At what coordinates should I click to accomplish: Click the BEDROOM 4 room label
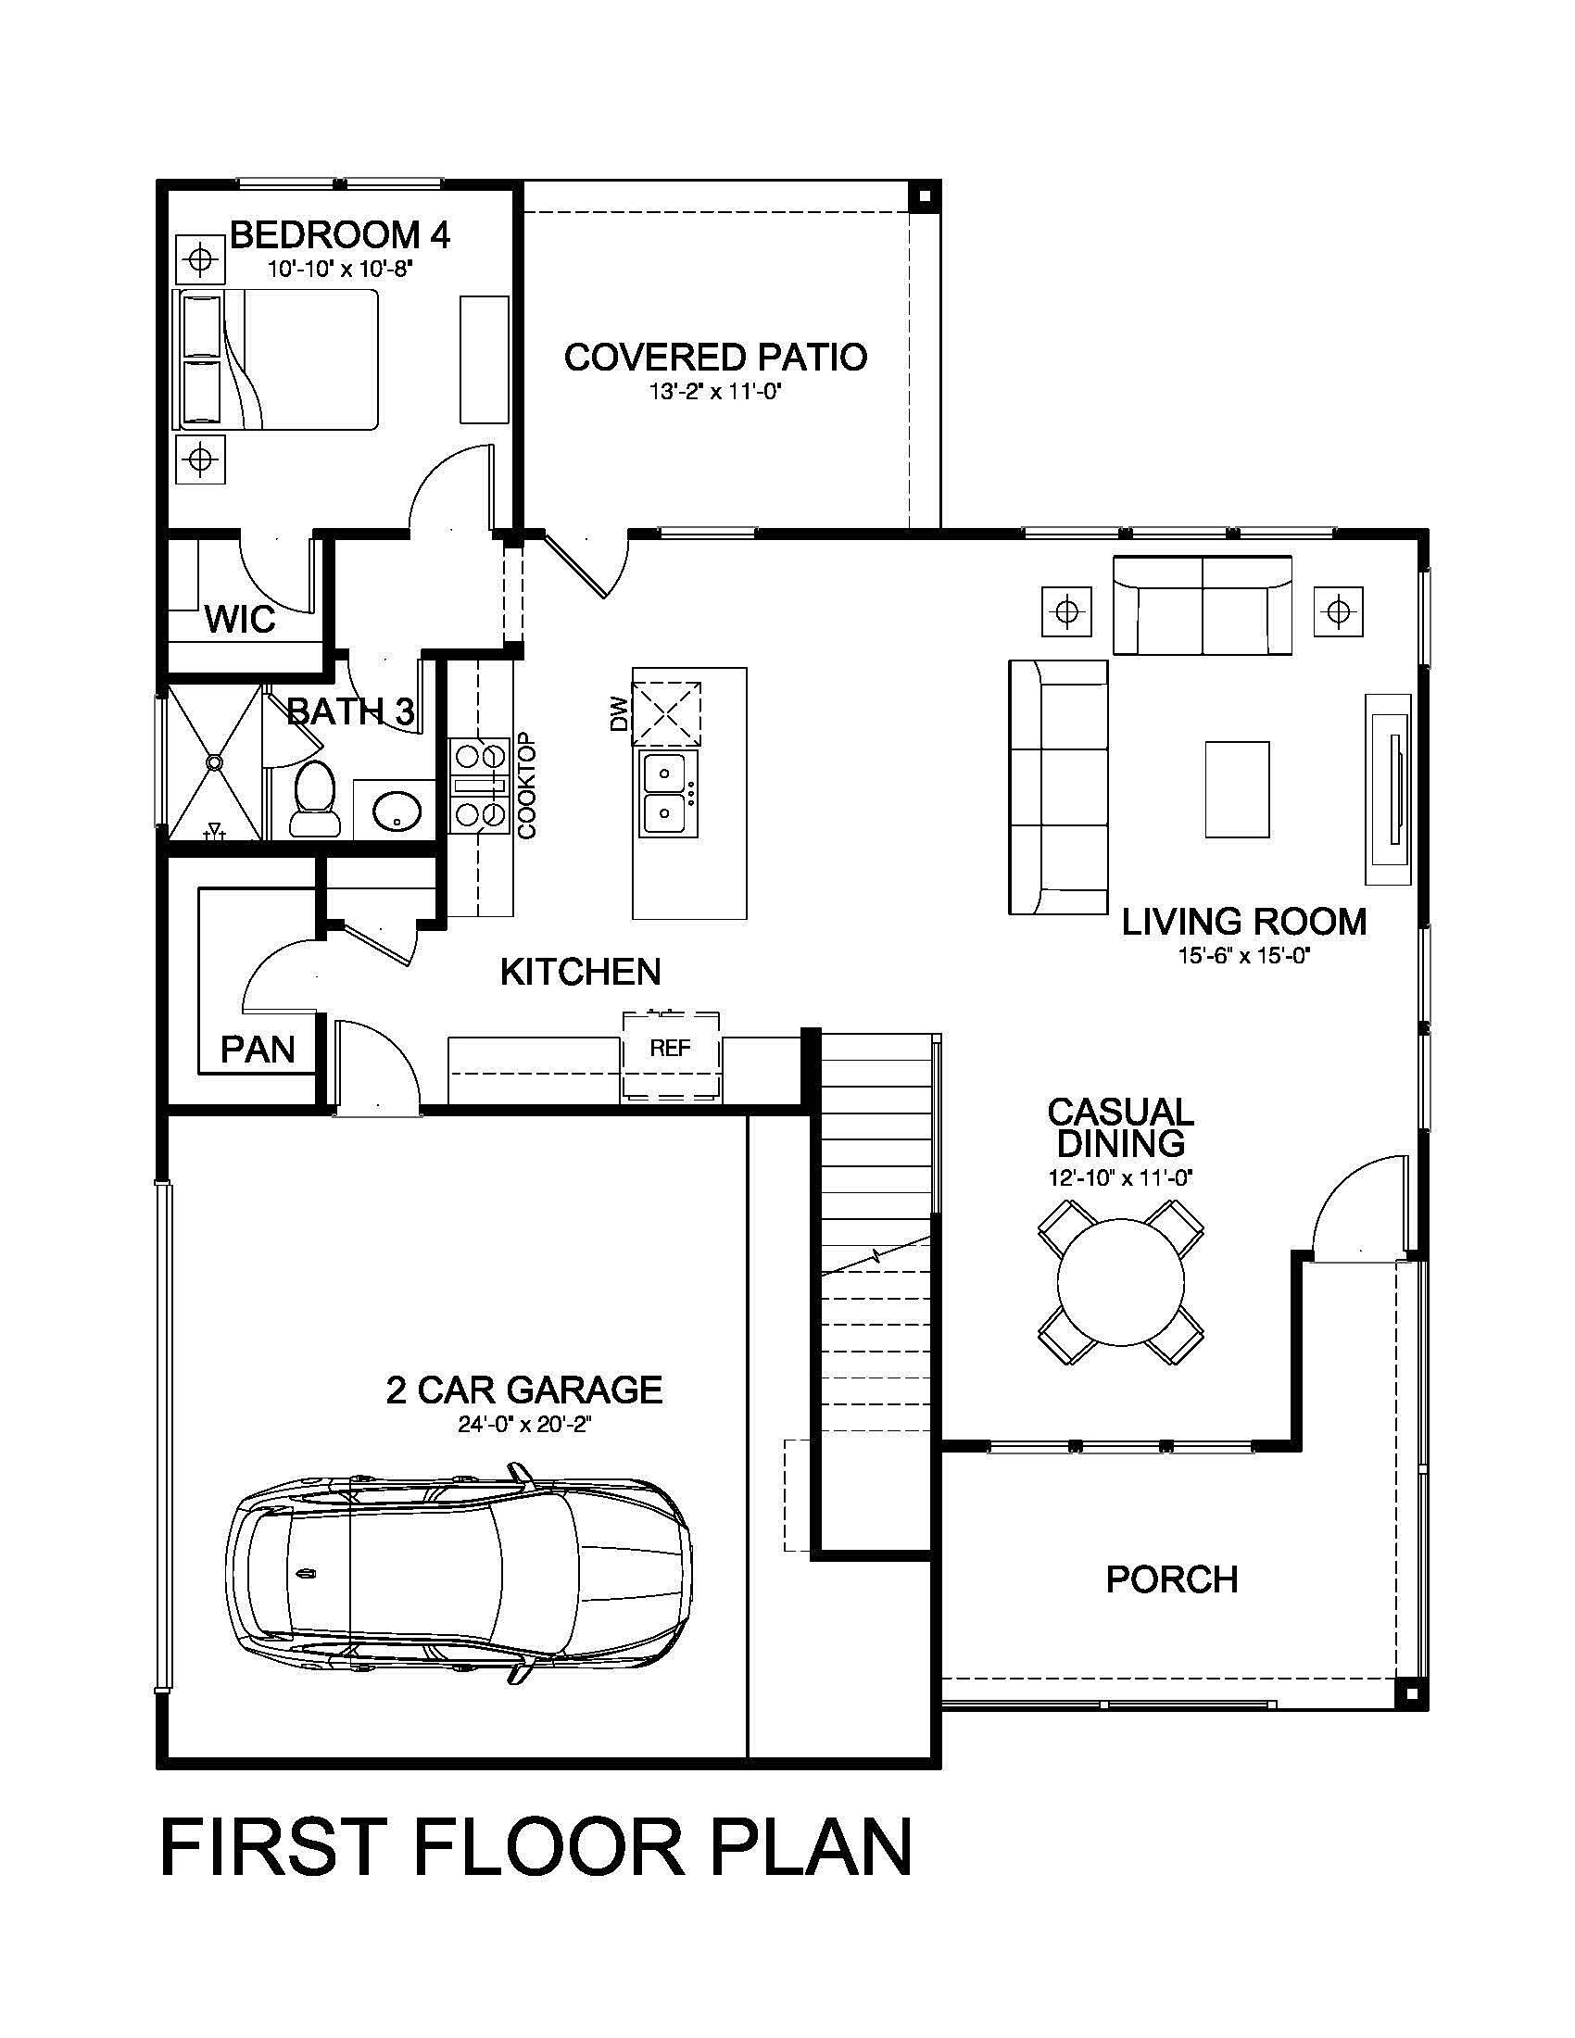point(340,235)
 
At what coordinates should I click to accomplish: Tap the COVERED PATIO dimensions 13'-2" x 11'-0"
point(714,392)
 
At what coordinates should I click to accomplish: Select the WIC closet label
point(240,619)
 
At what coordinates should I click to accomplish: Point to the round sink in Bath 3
point(397,810)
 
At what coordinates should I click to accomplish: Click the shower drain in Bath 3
point(216,762)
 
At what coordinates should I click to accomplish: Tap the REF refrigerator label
point(670,1048)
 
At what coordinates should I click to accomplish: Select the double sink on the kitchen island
point(667,794)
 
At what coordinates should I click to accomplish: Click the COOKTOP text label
point(527,786)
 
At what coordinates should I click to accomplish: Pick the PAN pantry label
point(258,1050)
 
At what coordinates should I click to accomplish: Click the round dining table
point(1120,1282)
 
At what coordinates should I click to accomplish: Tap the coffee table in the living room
point(1236,789)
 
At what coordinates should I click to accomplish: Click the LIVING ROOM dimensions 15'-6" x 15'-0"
point(1243,956)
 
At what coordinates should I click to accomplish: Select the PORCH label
point(1172,1579)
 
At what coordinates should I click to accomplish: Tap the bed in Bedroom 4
point(280,359)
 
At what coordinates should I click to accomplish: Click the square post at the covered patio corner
point(925,197)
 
